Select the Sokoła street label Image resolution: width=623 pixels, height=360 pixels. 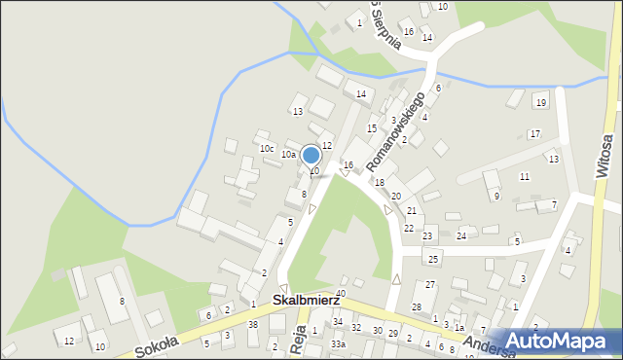coord(158,344)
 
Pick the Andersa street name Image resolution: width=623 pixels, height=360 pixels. coord(487,347)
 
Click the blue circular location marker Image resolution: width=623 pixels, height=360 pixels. coord(311,155)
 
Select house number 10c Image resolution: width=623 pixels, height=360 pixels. coord(266,149)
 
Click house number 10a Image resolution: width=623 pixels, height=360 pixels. coord(288,154)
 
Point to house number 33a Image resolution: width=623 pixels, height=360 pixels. coord(338,344)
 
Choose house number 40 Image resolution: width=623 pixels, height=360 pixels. coord(341,293)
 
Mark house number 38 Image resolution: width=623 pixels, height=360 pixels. coord(253,324)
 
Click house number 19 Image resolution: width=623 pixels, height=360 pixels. coord(541,102)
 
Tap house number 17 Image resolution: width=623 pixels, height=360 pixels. coord(534,133)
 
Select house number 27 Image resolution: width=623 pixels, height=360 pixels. coord(430,284)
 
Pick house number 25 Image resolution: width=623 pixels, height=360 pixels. coord(433,259)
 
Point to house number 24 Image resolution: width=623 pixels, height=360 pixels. coord(462,236)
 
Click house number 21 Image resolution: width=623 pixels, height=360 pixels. coord(412,211)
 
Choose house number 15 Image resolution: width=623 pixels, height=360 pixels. coord(371,128)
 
